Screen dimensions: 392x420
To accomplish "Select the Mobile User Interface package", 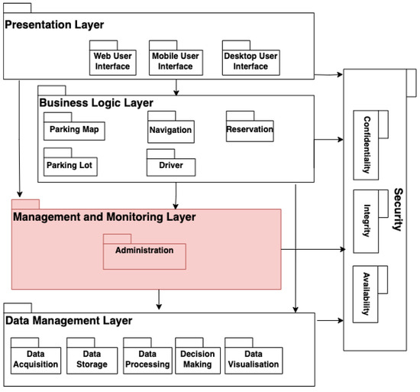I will (176, 60).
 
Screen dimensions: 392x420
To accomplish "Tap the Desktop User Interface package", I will (250, 60).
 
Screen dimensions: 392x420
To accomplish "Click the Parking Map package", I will (74, 129).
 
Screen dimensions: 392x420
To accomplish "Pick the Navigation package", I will (170, 131).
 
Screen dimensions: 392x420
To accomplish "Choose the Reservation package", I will (250, 129).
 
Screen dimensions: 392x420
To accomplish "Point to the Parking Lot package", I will (72, 165).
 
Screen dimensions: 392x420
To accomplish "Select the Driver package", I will (170, 165).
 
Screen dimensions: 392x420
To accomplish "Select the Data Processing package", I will (147, 359).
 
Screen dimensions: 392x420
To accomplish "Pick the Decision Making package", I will (197, 359).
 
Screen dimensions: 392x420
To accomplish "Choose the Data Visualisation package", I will (252, 359).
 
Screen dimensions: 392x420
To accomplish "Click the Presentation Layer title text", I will (55, 25).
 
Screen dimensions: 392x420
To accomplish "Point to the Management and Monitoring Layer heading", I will (105, 217).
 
